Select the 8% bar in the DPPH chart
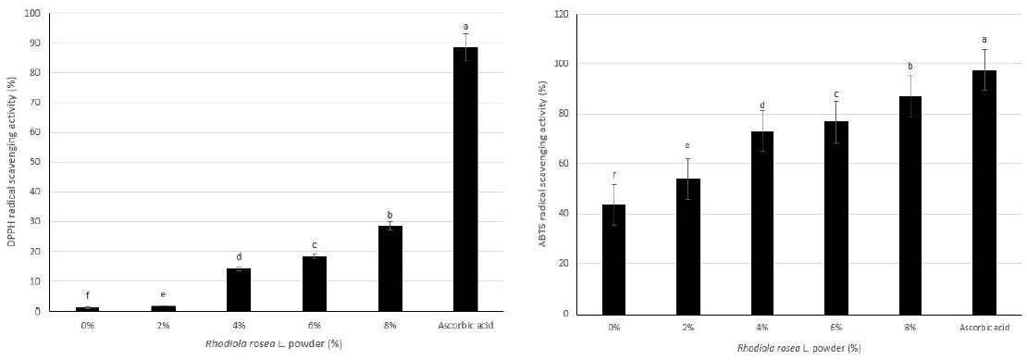[390, 268]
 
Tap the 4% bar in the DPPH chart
[239, 290]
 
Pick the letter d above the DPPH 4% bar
[239, 256]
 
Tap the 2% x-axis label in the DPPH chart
[163, 324]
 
